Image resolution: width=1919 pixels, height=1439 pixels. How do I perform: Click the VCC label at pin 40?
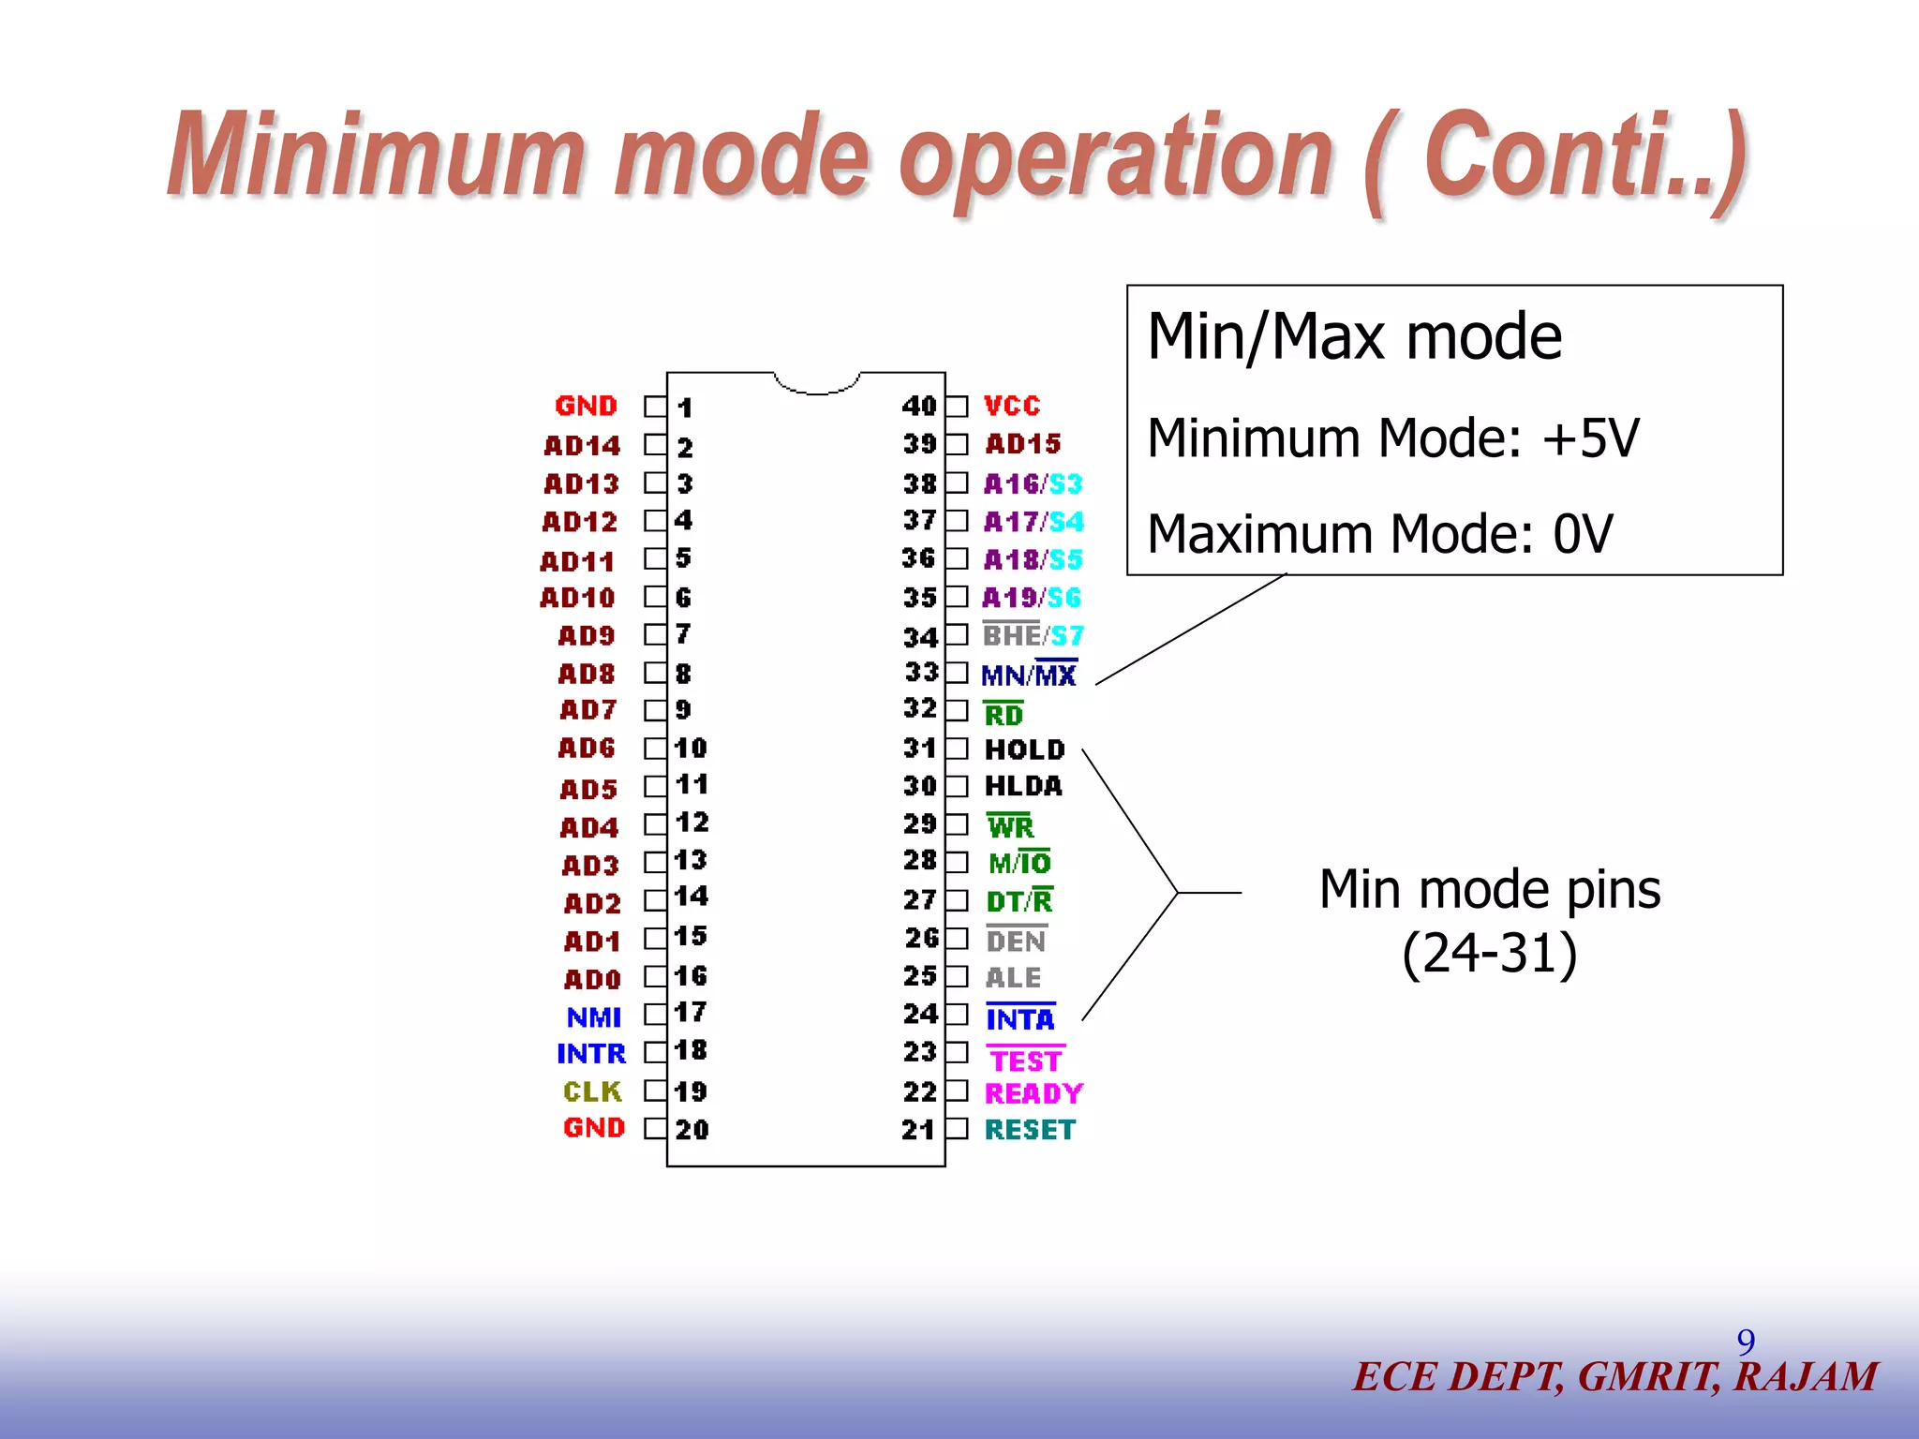click(x=1012, y=406)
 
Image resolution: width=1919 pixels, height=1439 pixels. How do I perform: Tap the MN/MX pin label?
click(x=1029, y=675)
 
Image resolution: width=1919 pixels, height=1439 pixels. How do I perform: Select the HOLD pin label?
click(x=1024, y=749)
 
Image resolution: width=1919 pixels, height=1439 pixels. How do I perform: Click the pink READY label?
click(x=1034, y=1093)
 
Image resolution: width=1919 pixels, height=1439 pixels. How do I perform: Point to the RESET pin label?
click(x=1030, y=1130)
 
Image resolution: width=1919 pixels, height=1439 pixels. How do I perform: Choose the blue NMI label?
click(x=594, y=1017)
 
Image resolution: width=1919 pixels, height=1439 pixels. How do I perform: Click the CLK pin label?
click(x=592, y=1091)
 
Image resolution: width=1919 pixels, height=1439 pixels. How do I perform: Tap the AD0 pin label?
click(x=592, y=980)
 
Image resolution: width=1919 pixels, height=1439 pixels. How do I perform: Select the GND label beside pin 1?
click(x=586, y=406)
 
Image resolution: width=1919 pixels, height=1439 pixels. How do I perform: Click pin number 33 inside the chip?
click(x=921, y=672)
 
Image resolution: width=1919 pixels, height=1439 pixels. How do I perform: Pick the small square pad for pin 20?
click(x=654, y=1129)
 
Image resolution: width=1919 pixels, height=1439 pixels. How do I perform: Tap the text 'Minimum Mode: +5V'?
click(x=1392, y=438)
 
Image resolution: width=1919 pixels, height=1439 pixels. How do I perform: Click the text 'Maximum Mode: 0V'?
click(x=1379, y=534)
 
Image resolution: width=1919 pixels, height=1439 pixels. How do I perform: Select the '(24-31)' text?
click(x=1489, y=953)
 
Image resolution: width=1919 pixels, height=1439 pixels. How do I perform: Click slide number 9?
click(x=1746, y=1342)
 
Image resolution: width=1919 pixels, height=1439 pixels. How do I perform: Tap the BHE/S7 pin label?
click(x=1033, y=636)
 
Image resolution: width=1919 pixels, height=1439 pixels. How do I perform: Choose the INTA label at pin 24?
click(x=1019, y=1018)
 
